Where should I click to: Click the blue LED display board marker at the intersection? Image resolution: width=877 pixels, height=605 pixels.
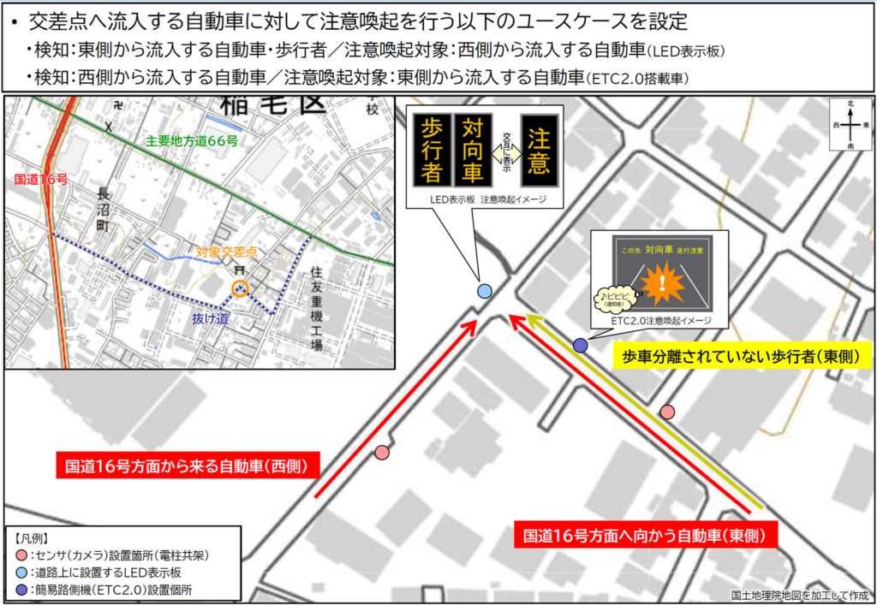point(484,291)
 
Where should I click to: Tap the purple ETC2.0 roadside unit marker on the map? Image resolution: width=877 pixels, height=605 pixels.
point(580,345)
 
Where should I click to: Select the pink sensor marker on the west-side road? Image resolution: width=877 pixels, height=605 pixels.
point(382,452)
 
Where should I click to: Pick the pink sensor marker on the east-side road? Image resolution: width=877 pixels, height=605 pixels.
point(667,412)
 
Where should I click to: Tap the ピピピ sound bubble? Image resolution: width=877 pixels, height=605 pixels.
point(614,297)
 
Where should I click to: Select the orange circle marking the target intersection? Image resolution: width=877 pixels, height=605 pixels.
point(240,288)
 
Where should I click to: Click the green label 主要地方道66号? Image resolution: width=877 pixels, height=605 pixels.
point(191,141)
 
